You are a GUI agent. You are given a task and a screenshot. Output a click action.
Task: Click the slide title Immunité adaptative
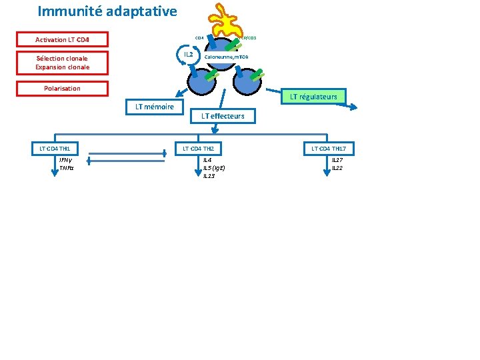[x=107, y=11]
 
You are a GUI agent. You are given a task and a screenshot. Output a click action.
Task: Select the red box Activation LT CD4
[x=62, y=40]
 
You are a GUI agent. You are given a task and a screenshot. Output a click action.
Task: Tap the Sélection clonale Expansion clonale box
[x=62, y=63]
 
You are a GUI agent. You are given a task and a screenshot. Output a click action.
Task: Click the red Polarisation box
[x=62, y=89]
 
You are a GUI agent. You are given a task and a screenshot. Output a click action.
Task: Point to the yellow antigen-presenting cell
[x=231, y=20]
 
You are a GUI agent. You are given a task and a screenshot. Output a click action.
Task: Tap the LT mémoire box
[x=154, y=107]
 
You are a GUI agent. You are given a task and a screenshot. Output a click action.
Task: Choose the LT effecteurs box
[x=223, y=116]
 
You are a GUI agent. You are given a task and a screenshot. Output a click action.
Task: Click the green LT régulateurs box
[x=313, y=97]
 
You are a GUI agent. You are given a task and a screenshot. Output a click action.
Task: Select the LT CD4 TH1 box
[x=55, y=148]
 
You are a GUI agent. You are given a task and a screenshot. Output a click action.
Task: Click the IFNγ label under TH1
[x=65, y=160]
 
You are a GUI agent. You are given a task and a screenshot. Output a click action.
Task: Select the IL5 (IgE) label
[x=213, y=168]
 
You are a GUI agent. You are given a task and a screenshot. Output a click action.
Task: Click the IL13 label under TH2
[x=208, y=176]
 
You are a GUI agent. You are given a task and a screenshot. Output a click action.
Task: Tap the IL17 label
[x=337, y=160]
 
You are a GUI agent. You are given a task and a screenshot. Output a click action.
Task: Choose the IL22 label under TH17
[x=337, y=168]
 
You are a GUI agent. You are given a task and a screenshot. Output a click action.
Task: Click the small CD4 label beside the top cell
[x=199, y=38]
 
